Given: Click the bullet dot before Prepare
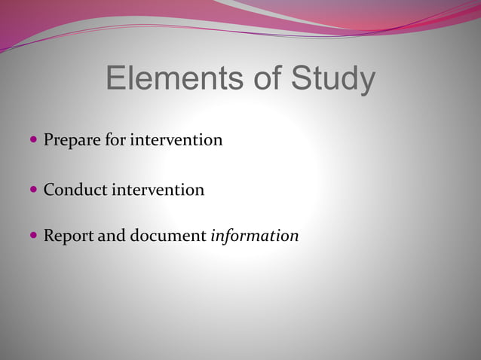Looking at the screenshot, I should tap(34, 139).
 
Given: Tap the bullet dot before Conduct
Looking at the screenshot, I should tap(34, 189).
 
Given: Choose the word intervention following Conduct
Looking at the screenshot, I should tap(158, 190).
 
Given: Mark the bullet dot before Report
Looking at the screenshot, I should tap(34, 235).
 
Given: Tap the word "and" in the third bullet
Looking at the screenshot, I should tap(112, 236).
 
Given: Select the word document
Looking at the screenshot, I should tap(167, 236).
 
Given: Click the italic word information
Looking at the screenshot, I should tap(255, 236).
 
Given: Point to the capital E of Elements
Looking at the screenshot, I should tap(115, 79).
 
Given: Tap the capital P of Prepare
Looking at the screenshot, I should tap(48, 140).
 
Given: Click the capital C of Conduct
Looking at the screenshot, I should tap(49, 190).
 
